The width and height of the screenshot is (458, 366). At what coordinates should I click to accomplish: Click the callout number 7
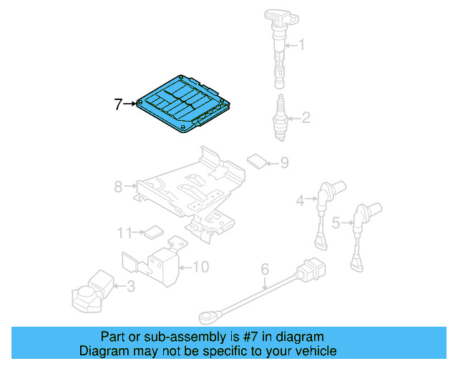coord(118,104)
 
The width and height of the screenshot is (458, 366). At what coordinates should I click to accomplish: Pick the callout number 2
coord(306,118)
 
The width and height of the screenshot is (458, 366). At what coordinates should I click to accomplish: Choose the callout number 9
coord(284,163)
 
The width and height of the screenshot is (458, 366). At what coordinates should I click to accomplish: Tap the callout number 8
coord(118,187)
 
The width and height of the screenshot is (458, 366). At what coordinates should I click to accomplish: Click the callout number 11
coord(125,232)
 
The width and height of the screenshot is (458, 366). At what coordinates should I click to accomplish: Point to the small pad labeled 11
coord(152,231)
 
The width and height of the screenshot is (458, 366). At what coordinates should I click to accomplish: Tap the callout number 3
coord(130,287)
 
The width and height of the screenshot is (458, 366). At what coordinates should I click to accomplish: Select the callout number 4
coord(302,201)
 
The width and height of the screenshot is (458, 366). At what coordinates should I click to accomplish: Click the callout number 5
coord(336,223)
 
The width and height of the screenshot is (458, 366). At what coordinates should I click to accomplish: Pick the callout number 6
coord(264,269)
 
